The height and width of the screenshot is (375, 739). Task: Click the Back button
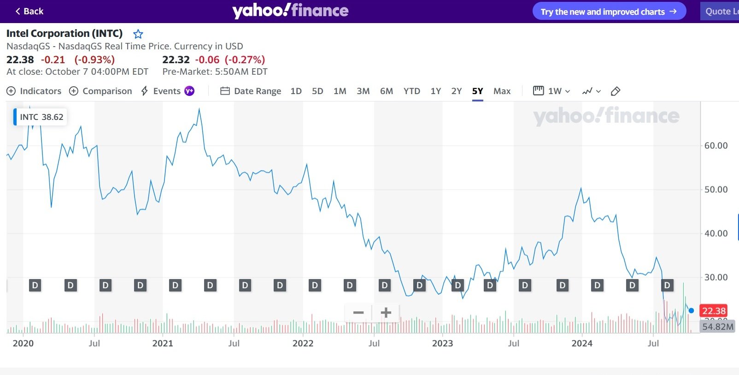pos(29,11)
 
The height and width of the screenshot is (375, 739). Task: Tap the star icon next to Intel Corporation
pos(138,34)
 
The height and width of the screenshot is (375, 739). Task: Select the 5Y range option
pos(477,91)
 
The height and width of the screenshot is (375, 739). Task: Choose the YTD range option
pos(411,91)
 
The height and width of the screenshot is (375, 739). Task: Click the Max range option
pos(502,91)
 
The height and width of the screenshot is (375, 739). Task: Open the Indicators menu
pos(34,91)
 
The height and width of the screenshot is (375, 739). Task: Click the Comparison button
pos(100,91)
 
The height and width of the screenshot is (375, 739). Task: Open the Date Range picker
pos(251,91)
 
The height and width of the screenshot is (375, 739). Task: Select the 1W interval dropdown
pos(552,91)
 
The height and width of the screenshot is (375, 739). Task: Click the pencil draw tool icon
pos(615,91)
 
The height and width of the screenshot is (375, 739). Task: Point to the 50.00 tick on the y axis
pos(716,190)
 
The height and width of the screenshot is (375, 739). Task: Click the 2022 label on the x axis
pos(303,343)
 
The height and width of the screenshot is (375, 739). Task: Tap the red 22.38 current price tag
pos(714,311)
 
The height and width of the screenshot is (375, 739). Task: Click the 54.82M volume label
pos(717,327)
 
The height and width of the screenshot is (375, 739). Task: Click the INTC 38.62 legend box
pos(41,117)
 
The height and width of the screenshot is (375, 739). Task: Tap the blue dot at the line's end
pos(691,310)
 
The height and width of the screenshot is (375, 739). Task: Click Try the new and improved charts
pos(609,12)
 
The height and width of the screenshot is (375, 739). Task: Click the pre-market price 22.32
pos(176,60)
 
